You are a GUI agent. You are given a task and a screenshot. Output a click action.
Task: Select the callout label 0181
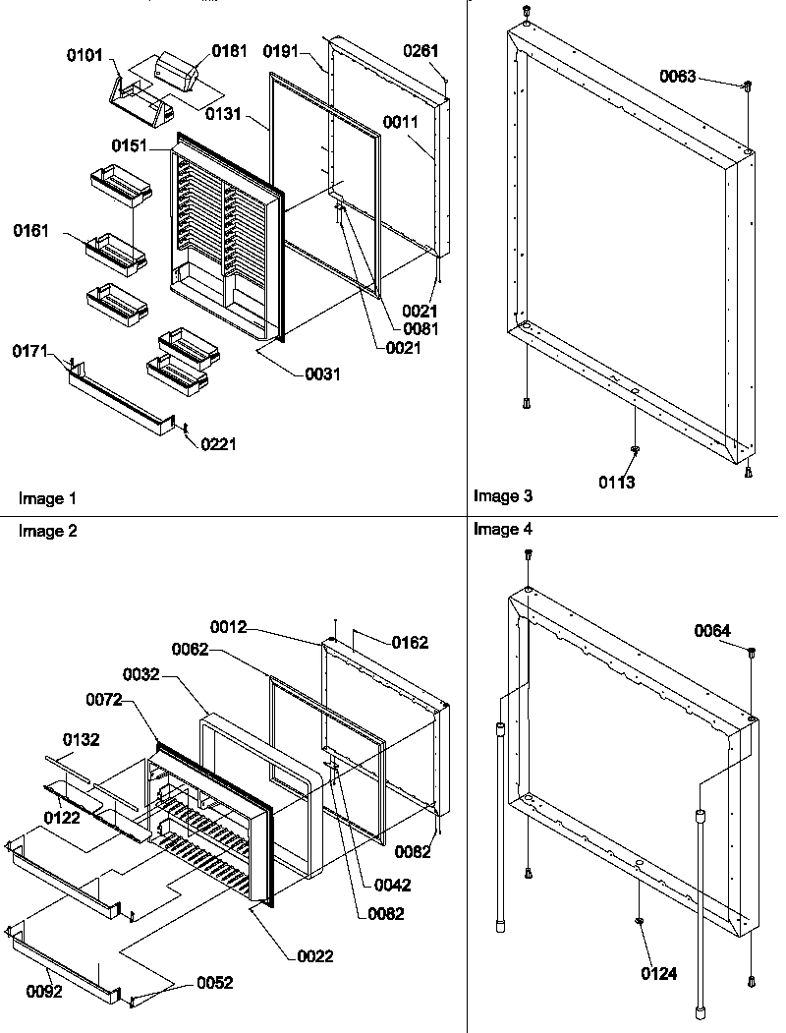tap(230, 50)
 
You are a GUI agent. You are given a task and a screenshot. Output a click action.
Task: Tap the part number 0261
tap(421, 50)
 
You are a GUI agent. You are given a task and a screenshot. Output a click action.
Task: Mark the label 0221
tap(218, 444)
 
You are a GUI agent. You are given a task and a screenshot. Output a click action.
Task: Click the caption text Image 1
tap(47, 499)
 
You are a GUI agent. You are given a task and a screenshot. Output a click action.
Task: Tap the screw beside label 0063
tap(747, 86)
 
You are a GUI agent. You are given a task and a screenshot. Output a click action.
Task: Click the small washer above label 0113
tap(635, 451)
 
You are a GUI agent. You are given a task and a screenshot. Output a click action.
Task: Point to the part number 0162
tap(410, 643)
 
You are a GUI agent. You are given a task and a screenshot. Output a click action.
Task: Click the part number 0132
tap(83, 738)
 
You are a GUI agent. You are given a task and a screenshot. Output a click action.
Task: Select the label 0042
tap(393, 885)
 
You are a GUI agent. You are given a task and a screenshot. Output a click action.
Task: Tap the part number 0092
tap(43, 992)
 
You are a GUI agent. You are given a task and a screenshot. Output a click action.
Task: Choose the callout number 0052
tap(215, 983)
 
